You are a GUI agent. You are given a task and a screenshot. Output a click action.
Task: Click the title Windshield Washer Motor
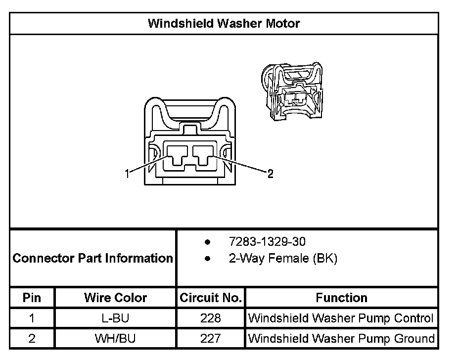(224, 23)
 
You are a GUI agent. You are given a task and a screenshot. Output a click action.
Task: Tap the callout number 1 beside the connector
(127, 173)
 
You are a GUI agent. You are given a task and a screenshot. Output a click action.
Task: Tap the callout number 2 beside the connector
(270, 173)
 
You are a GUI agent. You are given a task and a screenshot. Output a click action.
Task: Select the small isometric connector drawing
(292, 91)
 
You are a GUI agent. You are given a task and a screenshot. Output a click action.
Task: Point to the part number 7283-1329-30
(267, 242)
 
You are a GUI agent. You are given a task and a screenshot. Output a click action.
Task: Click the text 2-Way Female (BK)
(282, 258)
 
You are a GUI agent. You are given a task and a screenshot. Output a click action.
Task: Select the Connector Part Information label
(92, 258)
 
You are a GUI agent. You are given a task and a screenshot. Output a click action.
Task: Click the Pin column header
(32, 298)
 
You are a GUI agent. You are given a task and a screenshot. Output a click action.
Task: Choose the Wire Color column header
(115, 298)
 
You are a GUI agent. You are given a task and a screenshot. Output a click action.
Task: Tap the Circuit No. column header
(211, 298)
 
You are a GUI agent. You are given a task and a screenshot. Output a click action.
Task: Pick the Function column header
(341, 298)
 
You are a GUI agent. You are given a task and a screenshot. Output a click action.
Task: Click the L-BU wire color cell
(115, 318)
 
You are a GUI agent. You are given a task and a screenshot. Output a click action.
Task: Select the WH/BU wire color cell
(115, 339)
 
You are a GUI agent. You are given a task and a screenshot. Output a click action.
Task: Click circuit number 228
(211, 318)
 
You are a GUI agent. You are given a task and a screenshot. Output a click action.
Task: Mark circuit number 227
(211, 339)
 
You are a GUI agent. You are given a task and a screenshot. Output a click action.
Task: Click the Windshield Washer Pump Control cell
(341, 318)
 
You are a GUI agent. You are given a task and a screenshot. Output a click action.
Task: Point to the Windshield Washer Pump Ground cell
(341, 339)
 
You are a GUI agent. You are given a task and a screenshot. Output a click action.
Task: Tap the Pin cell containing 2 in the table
(32, 339)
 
